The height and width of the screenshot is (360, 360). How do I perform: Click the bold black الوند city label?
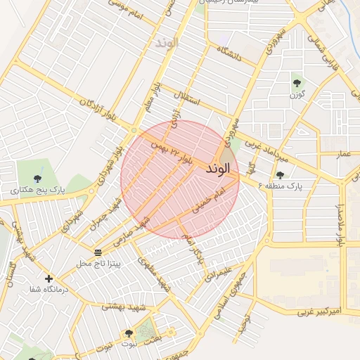[x=218, y=169]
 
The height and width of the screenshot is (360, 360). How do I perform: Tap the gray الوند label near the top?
[x=167, y=42]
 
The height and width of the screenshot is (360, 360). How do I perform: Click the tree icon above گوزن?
[x=296, y=83]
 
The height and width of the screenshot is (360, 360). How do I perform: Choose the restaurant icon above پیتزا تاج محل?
[x=98, y=252]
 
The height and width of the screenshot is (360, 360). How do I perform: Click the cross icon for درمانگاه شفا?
[x=49, y=279]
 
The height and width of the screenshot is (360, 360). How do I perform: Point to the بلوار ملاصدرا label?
[x=342, y=224]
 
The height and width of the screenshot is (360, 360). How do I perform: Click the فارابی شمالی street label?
[x=326, y=53]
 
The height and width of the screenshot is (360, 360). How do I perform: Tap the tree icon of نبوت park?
[x=128, y=333]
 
